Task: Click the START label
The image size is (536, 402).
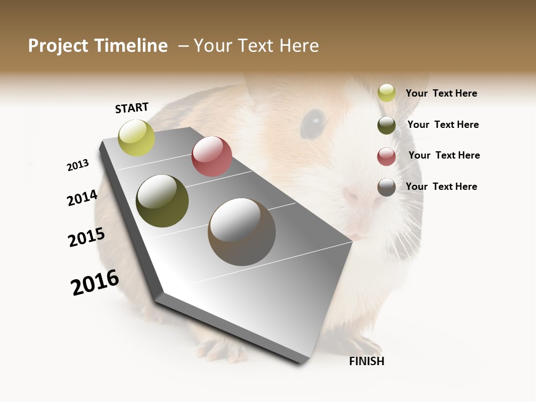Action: point(132,108)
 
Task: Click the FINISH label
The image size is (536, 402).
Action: point(366,361)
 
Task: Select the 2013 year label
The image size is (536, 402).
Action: point(78,165)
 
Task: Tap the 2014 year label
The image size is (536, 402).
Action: point(82,198)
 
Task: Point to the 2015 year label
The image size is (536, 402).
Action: point(87,237)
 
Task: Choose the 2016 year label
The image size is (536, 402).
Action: point(95,282)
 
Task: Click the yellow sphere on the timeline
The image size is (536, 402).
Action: point(137,137)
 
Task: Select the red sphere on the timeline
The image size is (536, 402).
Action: point(212,156)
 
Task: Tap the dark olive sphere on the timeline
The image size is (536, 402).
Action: point(162,201)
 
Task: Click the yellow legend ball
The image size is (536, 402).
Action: point(386,93)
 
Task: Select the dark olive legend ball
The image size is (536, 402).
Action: point(386,125)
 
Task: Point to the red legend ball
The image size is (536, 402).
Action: point(386,156)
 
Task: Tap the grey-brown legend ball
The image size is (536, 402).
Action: point(386,187)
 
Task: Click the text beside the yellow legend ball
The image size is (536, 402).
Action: point(441,93)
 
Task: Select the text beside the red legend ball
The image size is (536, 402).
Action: point(444,155)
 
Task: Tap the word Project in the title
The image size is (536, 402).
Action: point(58,46)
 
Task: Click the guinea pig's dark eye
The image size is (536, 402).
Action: point(315,119)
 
